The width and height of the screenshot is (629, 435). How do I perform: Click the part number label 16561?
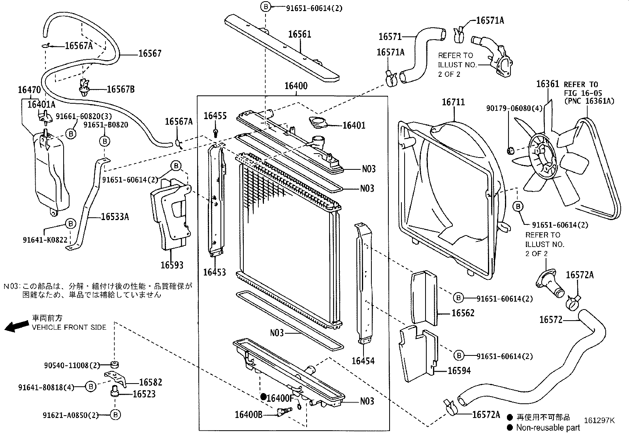click(x=299, y=34)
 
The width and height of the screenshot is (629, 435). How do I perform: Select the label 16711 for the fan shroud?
click(x=453, y=102)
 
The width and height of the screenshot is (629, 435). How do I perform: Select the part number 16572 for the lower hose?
click(x=550, y=319)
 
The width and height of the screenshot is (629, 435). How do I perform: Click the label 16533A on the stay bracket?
click(x=115, y=217)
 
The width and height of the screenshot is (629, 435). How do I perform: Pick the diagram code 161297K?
click(x=599, y=420)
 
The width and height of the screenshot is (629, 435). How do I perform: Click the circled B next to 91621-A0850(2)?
click(x=115, y=414)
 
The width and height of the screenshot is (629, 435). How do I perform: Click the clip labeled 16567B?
click(x=83, y=88)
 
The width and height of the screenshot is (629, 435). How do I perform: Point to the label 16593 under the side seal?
click(x=172, y=265)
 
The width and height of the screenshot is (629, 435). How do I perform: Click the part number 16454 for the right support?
click(x=363, y=361)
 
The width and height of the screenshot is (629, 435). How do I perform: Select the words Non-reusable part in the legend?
click(x=548, y=427)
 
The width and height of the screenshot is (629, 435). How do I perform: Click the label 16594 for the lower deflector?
click(x=459, y=370)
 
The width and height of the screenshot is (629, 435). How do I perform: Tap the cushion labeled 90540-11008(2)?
click(x=115, y=365)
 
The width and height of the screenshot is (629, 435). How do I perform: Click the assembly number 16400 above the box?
click(x=296, y=86)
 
